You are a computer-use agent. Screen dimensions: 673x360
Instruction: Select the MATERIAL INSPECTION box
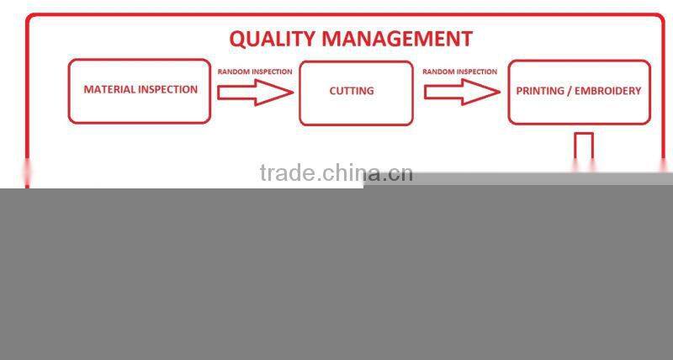[140, 91]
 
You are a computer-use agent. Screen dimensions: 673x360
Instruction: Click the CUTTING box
[356, 93]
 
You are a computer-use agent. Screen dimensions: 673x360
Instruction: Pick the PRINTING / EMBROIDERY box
[579, 92]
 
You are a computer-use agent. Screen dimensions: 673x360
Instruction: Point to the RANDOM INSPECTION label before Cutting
[255, 71]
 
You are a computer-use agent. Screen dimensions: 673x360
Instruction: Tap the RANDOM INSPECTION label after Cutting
[459, 71]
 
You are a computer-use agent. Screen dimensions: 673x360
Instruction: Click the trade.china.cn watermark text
[336, 173]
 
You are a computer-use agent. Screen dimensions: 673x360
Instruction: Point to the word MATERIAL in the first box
[109, 89]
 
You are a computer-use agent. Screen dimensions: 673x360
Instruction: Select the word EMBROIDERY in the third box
[608, 91]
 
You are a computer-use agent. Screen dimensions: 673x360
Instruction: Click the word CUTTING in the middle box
[352, 91]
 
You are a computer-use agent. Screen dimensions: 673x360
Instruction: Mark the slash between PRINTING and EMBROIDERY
[570, 91]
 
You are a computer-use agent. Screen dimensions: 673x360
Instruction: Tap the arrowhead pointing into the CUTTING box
[281, 93]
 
